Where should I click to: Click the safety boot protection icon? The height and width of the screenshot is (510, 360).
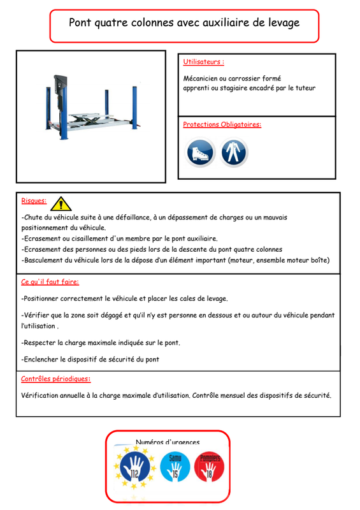click(200, 152)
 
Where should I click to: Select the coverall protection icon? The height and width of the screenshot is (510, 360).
click(233, 152)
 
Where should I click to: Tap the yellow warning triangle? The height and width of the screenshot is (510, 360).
click(61, 204)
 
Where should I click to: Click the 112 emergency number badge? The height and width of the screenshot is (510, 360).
click(135, 467)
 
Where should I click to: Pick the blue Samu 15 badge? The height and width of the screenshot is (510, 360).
click(175, 467)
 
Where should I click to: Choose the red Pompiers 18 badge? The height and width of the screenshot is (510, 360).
click(210, 467)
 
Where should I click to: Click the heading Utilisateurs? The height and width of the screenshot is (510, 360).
click(204, 62)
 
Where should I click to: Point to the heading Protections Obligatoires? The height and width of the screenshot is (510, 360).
click(222, 124)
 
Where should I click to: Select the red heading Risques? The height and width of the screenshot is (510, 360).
click(34, 201)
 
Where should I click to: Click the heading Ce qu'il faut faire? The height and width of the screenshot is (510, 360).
click(50, 282)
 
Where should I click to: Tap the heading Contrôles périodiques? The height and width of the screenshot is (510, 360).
click(55, 379)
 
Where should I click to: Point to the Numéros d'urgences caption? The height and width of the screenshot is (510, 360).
click(168, 442)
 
